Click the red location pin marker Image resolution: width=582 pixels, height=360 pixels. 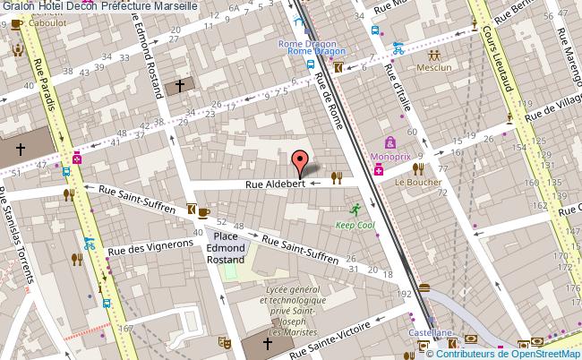point(299,162)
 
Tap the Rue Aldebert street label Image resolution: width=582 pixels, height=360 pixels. point(277,184)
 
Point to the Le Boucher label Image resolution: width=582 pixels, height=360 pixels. point(418,181)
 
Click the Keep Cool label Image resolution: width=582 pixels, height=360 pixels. point(356,226)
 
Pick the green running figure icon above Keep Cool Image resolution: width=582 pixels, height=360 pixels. point(355,210)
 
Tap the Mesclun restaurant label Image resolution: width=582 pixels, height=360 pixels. point(433,66)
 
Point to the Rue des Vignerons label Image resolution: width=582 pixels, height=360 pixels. point(150,247)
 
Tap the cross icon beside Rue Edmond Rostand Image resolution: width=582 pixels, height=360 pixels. point(179,86)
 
